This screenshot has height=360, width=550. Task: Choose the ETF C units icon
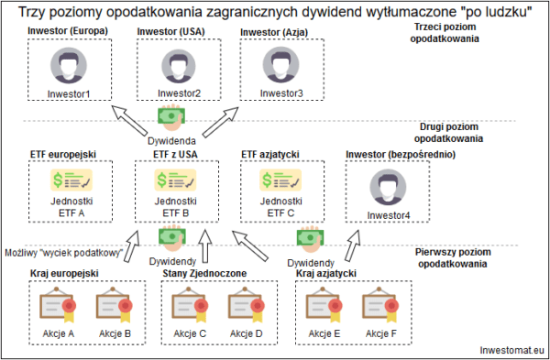point(278,181)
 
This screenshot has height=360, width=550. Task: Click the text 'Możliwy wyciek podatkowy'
point(64,252)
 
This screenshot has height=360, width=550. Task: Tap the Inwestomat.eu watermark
point(511,350)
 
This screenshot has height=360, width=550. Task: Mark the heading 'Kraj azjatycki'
point(327,272)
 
